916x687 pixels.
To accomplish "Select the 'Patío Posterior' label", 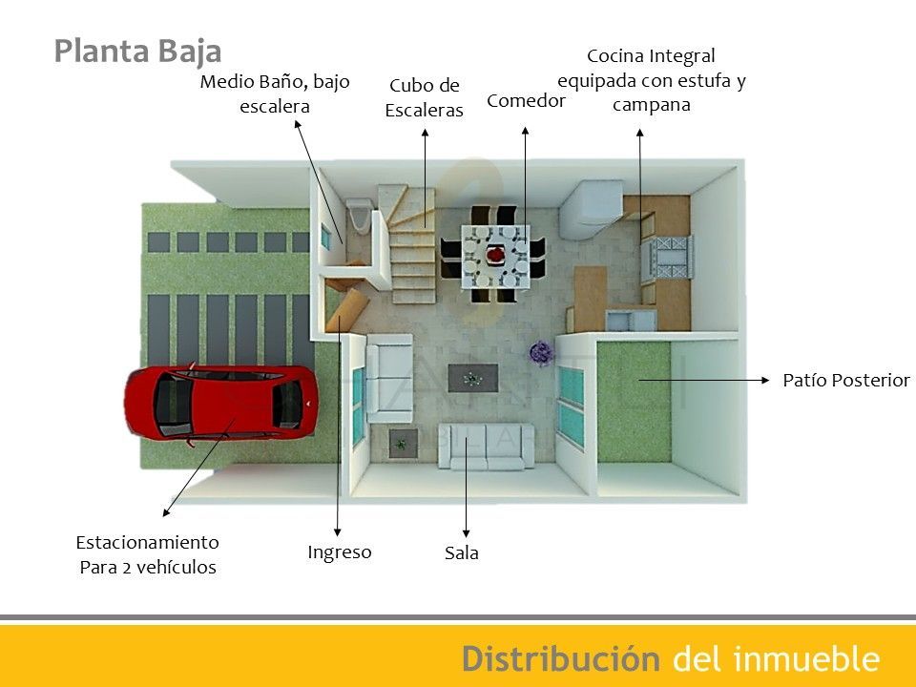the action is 846,380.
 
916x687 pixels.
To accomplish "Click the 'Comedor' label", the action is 526,100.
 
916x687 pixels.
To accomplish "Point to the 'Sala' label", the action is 462,552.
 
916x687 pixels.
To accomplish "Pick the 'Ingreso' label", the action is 340,552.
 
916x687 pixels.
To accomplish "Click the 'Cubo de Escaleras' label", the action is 424,97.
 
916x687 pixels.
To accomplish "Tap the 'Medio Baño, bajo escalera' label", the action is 275,94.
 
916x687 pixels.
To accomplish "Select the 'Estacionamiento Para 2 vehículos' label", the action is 147,554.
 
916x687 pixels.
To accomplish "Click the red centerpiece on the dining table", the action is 496,255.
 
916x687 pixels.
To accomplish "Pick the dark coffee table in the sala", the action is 470,378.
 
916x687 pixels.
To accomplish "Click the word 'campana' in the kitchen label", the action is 651,104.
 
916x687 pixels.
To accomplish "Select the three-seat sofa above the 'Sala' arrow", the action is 487,446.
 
